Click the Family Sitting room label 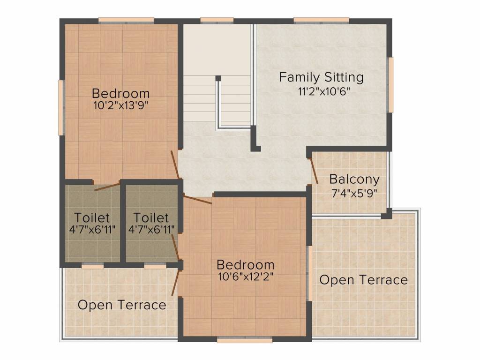322,77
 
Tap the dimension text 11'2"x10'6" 324,91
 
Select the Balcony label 354,180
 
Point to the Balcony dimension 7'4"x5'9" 354,194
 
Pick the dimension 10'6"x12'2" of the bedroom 246,277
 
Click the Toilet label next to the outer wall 92,217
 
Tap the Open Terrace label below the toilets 122,305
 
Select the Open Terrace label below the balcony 364,280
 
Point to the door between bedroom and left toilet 107,187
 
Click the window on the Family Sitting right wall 391,85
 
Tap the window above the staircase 217,21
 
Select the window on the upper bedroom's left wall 61,107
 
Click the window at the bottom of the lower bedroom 245,340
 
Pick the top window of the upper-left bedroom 126,21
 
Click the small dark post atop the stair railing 218,78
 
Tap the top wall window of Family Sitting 322,21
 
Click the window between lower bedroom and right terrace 310,273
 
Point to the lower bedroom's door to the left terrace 176,283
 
